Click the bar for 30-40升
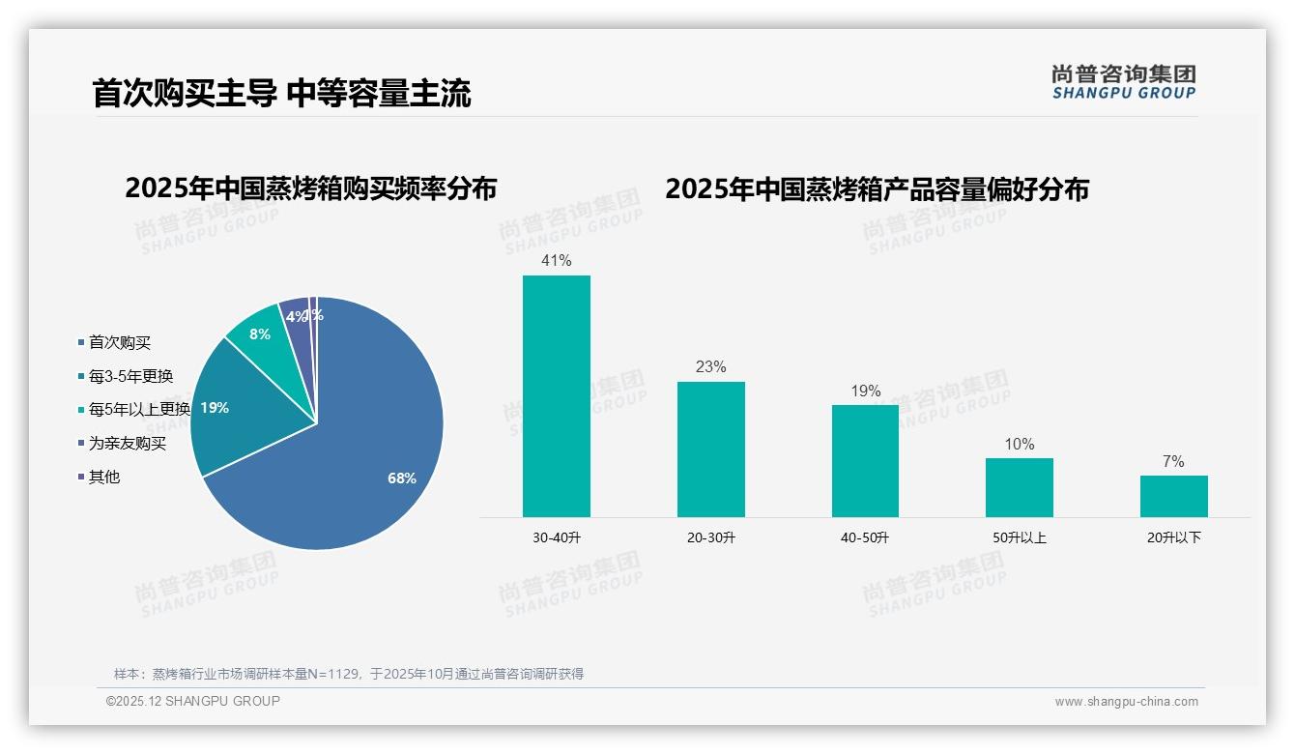(x=556, y=396)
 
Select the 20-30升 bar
(x=710, y=449)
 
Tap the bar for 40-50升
(x=865, y=461)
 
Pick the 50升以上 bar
(x=1019, y=487)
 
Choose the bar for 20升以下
(x=1173, y=496)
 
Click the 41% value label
(x=556, y=260)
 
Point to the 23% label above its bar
(x=710, y=366)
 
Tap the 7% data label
(x=1173, y=461)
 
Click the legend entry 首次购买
(x=119, y=342)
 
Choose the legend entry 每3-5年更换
(x=130, y=376)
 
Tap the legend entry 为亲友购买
(x=127, y=443)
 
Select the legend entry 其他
(x=103, y=477)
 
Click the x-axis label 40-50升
(x=865, y=537)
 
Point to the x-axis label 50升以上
(x=1019, y=537)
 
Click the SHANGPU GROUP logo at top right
(x=1123, y=82)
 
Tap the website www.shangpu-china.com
(x=1126, y=702)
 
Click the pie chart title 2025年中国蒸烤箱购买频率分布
(x=310, y=188)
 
